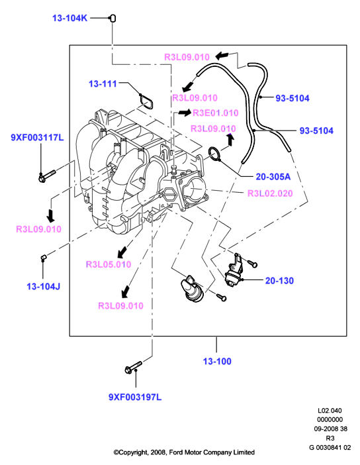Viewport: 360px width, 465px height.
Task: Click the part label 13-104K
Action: point(69,18)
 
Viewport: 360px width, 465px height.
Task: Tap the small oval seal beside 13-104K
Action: point(112,18)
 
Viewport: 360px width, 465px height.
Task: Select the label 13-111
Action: point(103,83)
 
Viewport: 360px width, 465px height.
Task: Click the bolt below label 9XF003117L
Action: point(47,176)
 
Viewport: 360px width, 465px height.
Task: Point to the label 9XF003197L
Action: point(135,397)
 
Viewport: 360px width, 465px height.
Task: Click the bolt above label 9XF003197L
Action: point(133,367)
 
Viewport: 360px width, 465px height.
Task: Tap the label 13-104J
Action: point(44,286)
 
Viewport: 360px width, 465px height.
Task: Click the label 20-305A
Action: point(273,177)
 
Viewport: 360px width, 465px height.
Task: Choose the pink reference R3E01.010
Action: point(216,113)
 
